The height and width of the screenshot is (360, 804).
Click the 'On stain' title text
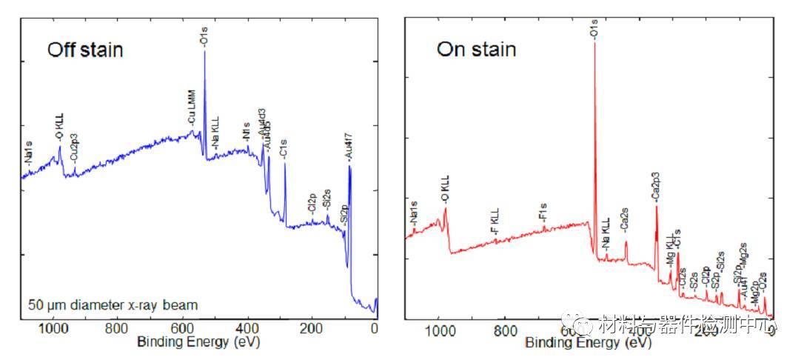pos(475,50)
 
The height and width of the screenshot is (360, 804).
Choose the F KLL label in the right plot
pos(496,227)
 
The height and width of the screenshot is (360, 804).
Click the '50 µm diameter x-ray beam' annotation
pos(113,304)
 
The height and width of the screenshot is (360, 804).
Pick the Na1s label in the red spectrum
pos(412,213)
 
